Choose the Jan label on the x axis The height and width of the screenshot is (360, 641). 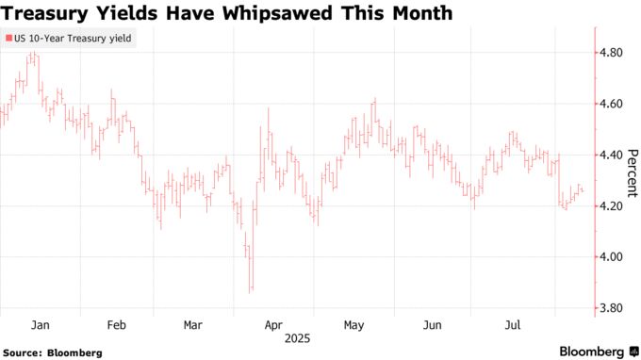point(41,324)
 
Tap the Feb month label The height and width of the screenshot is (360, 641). point(117,324)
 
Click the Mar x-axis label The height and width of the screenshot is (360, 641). point(193,324)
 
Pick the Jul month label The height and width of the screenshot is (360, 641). point(513,324)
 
